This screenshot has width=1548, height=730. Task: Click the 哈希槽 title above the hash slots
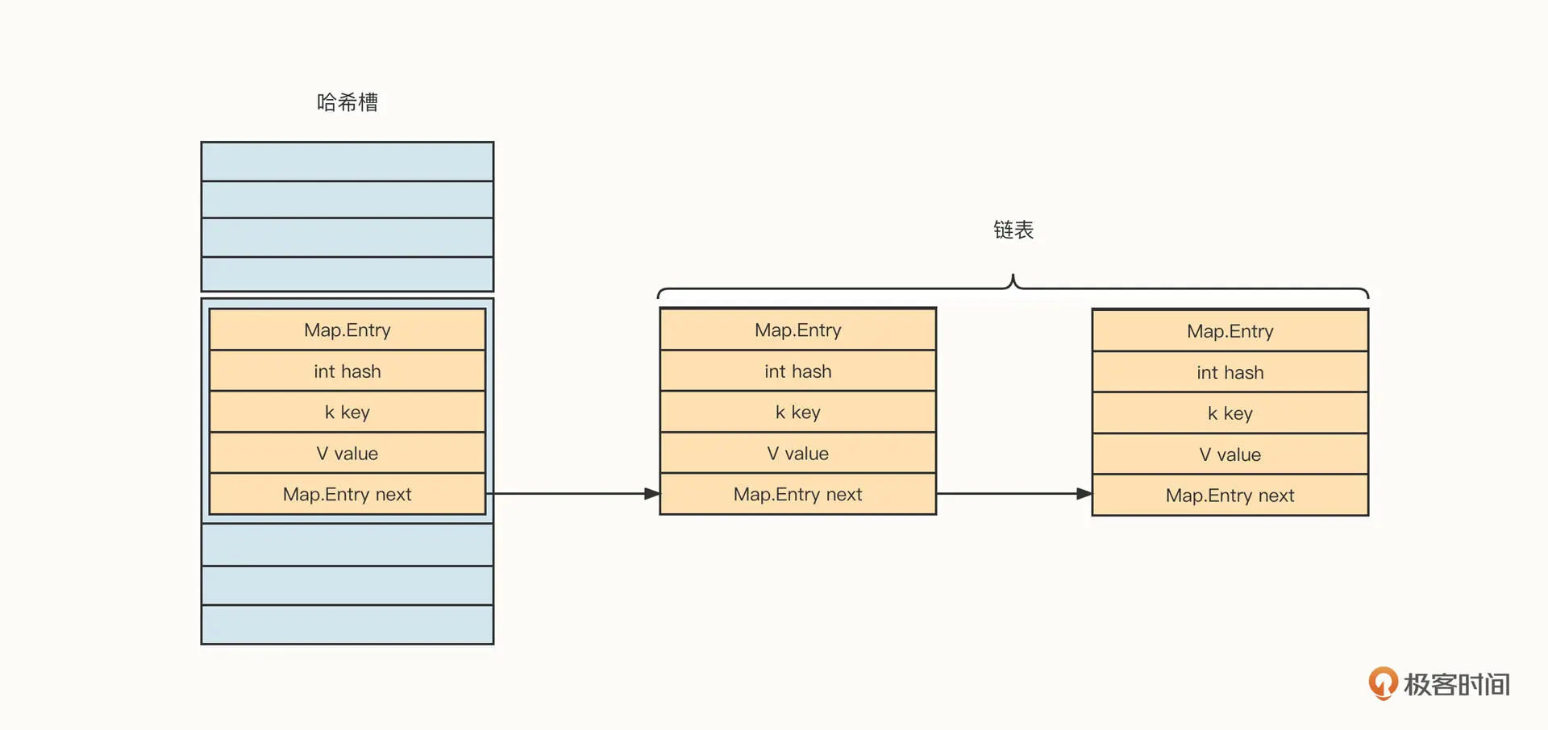(347, 102)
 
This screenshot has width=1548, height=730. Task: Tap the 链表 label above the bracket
(1013, 230)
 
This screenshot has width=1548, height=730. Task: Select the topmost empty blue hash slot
(347, 161)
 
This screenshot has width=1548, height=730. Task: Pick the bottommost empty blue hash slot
(347, 624)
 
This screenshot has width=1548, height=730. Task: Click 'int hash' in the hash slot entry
(347, 371)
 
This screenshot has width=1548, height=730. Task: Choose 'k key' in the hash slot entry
(347, 413)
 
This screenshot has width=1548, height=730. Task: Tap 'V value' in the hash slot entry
(347, 454)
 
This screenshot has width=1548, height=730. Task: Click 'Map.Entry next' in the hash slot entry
(347, 494)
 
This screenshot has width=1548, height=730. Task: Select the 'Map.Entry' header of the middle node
(798, 330)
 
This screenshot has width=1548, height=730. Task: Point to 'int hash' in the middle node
(798, 371)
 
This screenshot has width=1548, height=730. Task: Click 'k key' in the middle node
(798, 413)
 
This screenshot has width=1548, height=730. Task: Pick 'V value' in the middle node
(798, 454)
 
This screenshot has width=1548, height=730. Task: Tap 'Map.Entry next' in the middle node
(798, 494)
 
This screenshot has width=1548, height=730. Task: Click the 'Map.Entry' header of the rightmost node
(1230, 331)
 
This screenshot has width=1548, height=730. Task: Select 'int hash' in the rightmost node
(1230, 372)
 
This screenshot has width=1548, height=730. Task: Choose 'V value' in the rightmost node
(1230, 454)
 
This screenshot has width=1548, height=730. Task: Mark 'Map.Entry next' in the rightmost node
(1230, 496)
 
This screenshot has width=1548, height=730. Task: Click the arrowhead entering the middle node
(652, 494)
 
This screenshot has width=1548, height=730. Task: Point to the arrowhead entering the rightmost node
(1084, 494)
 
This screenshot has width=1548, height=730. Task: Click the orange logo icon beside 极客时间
(1383, 683)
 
